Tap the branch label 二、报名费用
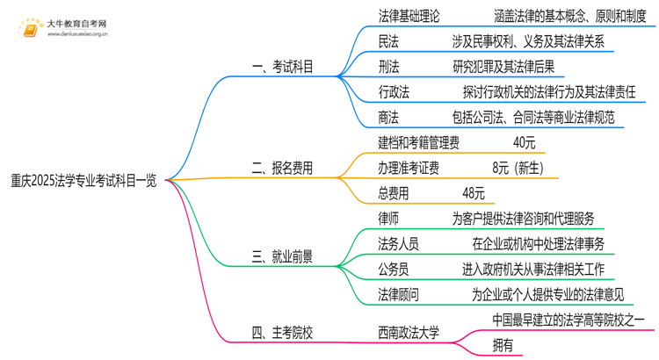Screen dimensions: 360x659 point(283,167)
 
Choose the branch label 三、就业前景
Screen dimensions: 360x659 point(283,257)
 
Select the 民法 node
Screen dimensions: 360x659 point(388,41)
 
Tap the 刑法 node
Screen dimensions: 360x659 point(388,67)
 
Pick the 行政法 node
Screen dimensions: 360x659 point(395,91)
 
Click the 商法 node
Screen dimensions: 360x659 point(388,117)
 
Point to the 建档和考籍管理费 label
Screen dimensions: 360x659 point(418,142)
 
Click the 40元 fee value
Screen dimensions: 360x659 point(525,142)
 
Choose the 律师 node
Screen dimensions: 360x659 point(388,218)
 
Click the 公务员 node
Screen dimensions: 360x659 point(395,269)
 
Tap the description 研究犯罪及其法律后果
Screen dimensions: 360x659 point(503,67)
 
